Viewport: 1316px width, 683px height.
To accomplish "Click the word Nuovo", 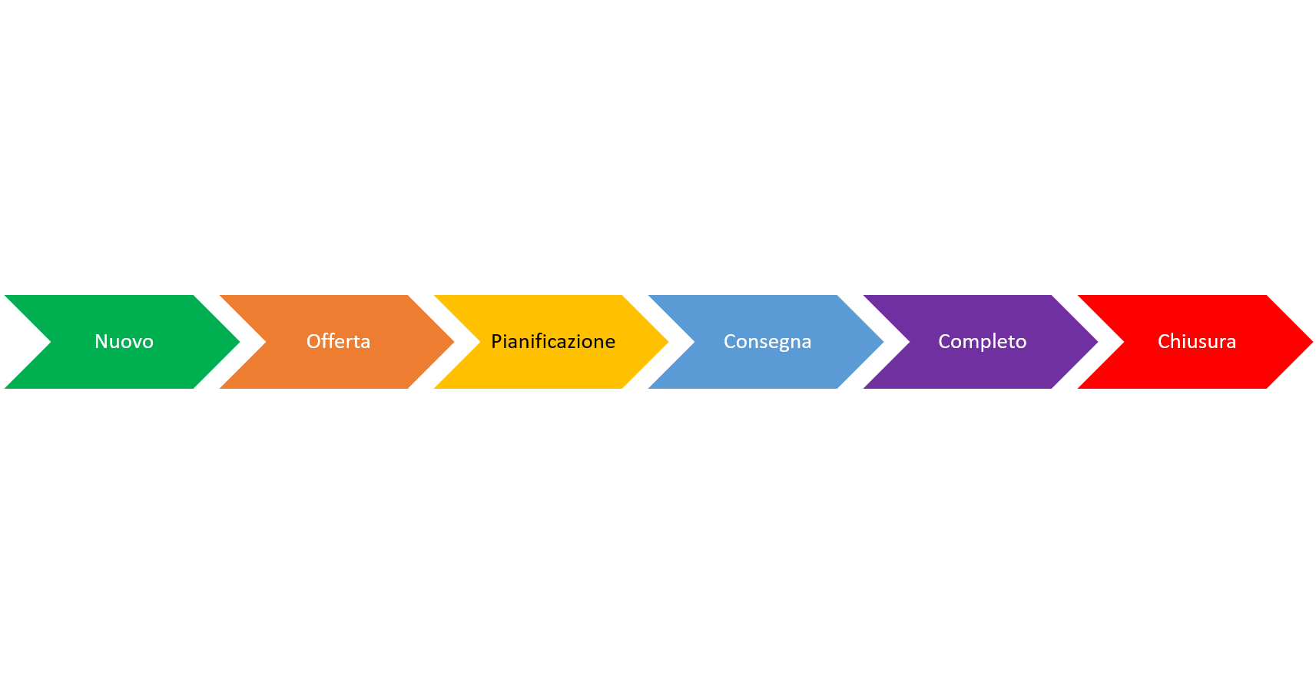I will (x=124, y=341).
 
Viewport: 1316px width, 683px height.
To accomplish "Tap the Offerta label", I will (x=338, y=341).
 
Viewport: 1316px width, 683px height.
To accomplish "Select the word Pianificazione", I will (x=553, y=341).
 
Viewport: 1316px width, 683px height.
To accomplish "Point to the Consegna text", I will (x=767, y=341).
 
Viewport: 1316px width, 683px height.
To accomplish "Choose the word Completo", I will (x=982, y=341).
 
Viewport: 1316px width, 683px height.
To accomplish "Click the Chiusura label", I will (x=1196, y=341).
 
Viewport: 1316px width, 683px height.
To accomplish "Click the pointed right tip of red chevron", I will (x=1311, y=342).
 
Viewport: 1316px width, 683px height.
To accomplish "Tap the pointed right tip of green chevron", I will (x=238, y=342).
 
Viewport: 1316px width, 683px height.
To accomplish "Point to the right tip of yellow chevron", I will (x=667, y=342).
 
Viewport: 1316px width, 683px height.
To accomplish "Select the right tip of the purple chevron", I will (x=1096, y=342).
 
